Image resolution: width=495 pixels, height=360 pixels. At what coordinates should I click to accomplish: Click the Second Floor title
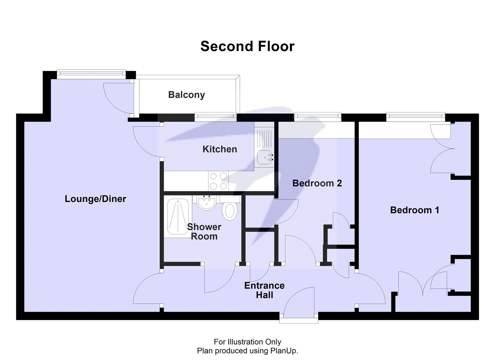[x=247, y=46]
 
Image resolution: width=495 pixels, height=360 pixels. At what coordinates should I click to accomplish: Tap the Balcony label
[x=186, y=95]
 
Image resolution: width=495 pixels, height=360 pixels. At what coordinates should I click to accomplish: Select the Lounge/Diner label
[x=95, y=199]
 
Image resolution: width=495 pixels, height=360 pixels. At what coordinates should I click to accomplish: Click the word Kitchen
[x=220, y=149]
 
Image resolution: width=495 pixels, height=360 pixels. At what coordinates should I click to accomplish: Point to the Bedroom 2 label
[x=317, y=183]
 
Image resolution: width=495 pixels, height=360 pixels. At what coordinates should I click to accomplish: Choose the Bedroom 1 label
[x=415, y=210]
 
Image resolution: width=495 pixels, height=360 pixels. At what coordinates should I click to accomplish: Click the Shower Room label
[x=204, y=232]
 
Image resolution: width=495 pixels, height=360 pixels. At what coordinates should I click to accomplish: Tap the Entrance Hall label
[x=264, y=290]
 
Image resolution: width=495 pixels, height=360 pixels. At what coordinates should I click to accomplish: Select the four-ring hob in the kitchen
[x=218, y=181]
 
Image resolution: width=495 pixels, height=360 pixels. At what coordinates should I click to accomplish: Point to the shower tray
[x=178, y=217]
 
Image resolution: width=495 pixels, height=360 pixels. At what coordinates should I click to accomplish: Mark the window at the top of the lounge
[x=91, y=73]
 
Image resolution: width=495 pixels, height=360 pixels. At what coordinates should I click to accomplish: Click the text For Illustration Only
[x=247, y=342]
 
